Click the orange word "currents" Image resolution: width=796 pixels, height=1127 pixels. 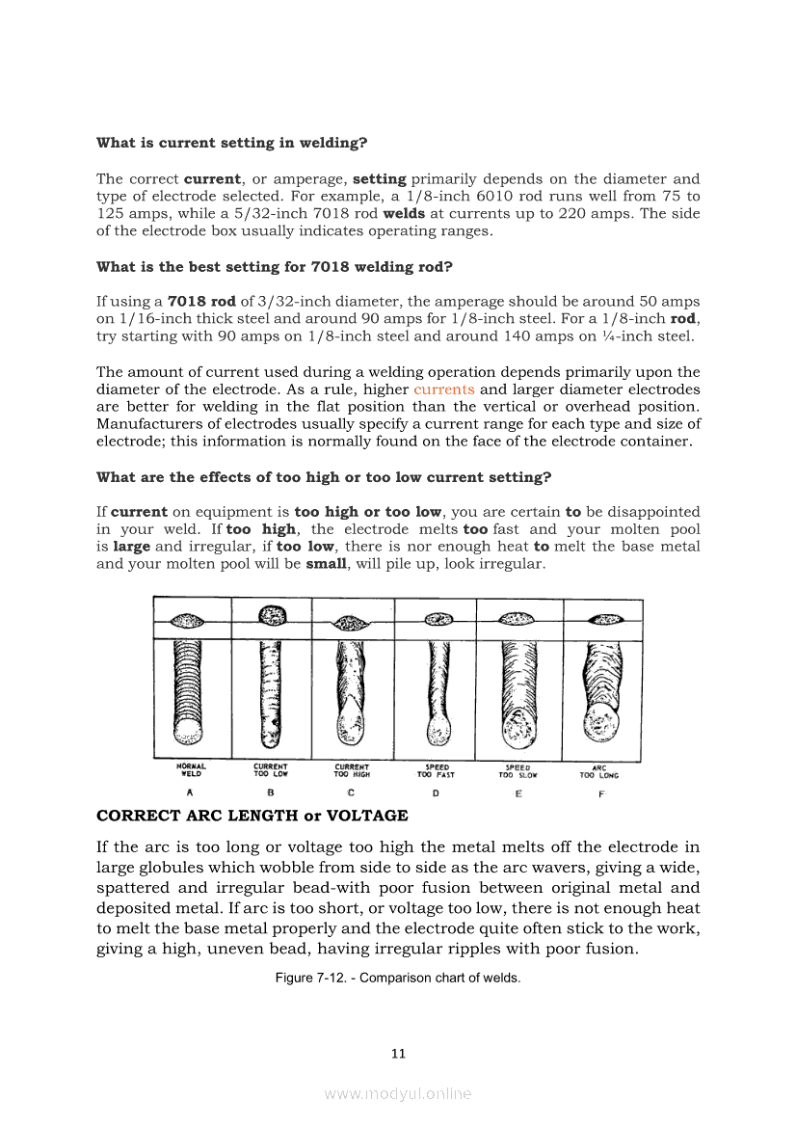point(444,390)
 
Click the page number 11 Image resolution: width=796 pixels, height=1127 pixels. point(398,1054)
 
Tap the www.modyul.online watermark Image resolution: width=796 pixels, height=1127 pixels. point(398,1093)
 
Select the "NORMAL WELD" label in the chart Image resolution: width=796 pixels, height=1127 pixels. point(191,770)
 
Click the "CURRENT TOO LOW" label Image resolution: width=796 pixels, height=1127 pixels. point(271,770)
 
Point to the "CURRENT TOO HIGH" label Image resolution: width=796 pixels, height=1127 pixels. point(352,770)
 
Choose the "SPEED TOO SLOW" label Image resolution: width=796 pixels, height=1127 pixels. point(518,771)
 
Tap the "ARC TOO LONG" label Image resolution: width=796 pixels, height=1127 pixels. point(598,771)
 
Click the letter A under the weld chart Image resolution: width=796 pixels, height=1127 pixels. point(190,793)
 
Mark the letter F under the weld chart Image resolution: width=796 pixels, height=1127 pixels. point(601,794)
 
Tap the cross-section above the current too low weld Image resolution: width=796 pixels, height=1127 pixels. point(271,615)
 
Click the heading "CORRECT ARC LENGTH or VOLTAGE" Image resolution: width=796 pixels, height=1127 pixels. point(252,816)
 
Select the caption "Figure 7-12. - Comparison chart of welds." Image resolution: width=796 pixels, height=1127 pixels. point(398,979)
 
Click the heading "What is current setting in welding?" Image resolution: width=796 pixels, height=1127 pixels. point(232,143)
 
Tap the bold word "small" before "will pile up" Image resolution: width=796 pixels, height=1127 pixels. point(326,564)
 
